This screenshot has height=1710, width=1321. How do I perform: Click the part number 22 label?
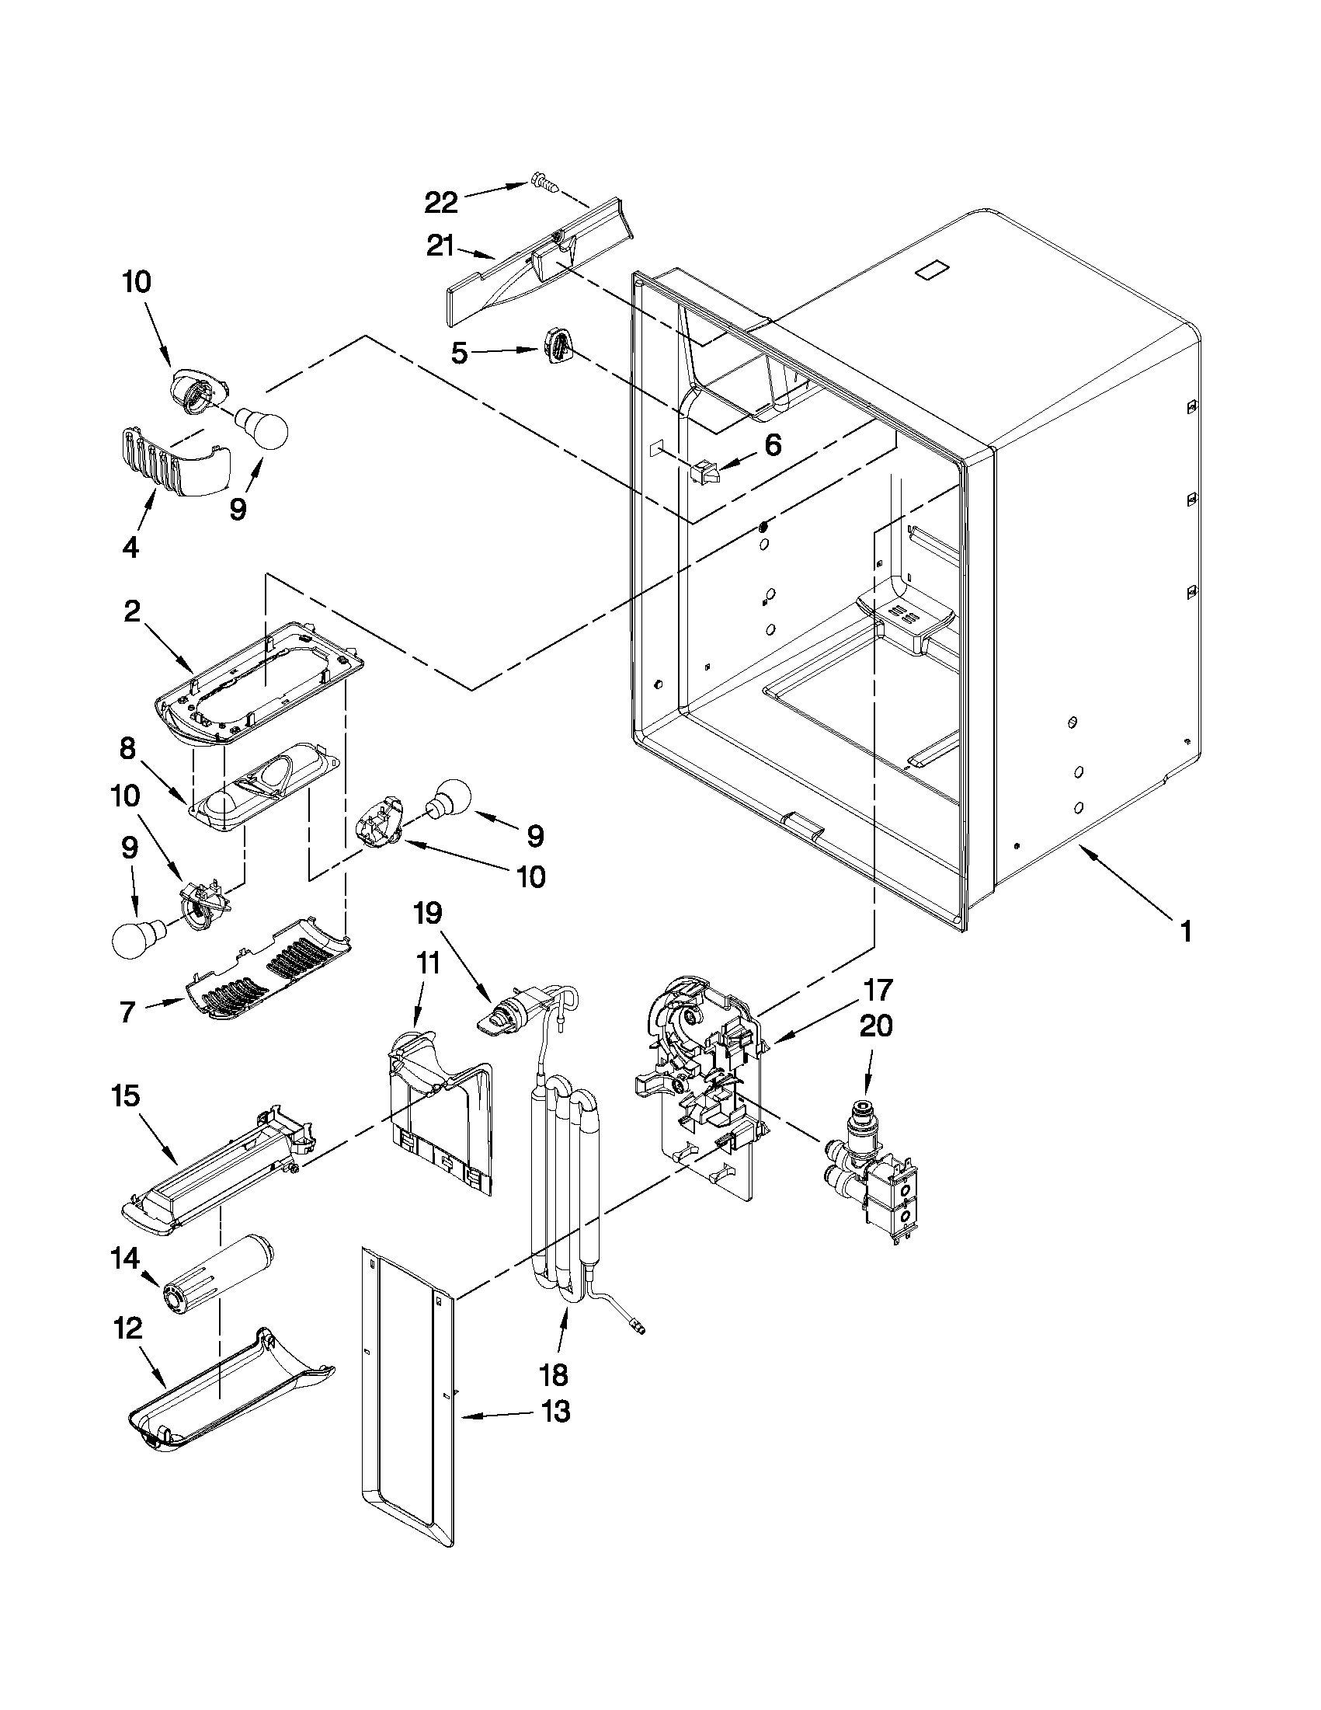440,204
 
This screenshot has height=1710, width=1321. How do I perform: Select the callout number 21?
440,246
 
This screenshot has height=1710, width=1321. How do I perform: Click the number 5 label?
460,353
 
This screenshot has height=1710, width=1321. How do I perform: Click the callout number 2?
132,611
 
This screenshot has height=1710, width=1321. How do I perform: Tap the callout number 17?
878,991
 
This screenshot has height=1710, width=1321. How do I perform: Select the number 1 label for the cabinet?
1186,931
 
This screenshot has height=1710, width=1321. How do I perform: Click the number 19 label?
428,913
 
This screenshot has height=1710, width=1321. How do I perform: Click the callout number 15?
126,1096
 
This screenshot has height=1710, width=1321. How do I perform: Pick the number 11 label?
428,964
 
